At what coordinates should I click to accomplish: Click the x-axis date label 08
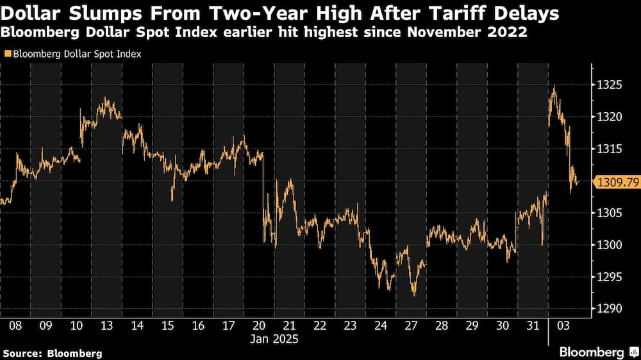pos(15,326)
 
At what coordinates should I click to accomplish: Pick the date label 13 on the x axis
pos(107,326)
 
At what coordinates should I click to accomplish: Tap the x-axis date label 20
pos(260,326)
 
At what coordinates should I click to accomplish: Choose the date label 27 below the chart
pos(412,326)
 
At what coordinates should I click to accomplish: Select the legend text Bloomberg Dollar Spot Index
pos(75,54)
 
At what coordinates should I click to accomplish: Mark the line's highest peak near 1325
pos(553,86)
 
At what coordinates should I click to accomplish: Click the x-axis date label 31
pos(533,326)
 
